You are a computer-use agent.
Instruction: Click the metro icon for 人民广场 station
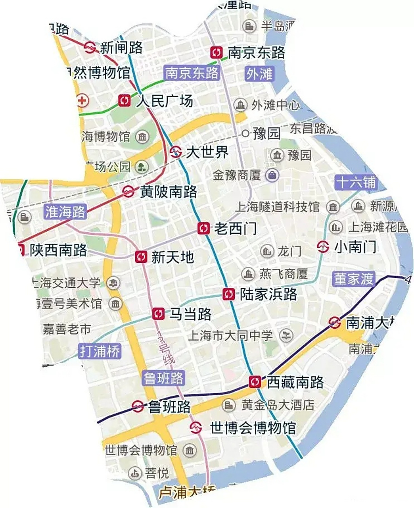(x=124, y=100)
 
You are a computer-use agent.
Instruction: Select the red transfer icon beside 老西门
(x=204, y=228)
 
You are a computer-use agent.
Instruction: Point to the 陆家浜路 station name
(x=268, y=294)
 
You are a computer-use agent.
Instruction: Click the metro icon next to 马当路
(x=158, y=314)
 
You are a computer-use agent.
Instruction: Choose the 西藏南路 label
(x=295, y=382)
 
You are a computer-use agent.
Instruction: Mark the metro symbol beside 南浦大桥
(x=335, y=323)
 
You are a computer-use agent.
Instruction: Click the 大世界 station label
(x=207, y=152)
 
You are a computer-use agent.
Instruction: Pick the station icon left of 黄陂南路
(x=128, y=192)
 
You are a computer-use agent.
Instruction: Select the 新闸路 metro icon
(x=90, y=47)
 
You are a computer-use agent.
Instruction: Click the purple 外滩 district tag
(x=259, y=74)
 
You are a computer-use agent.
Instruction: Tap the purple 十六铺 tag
(x=355, y=182)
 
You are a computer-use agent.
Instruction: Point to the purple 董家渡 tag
(x=353, y=279)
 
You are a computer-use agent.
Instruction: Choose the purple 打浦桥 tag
(x=100, y=351)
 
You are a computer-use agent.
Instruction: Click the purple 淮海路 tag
(x=65, y=212)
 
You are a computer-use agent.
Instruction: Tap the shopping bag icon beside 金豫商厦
(x=273, y=175)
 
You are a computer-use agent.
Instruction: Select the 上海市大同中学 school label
(x=230, y=336)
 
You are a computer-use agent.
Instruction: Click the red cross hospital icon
(x=82, y=100)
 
